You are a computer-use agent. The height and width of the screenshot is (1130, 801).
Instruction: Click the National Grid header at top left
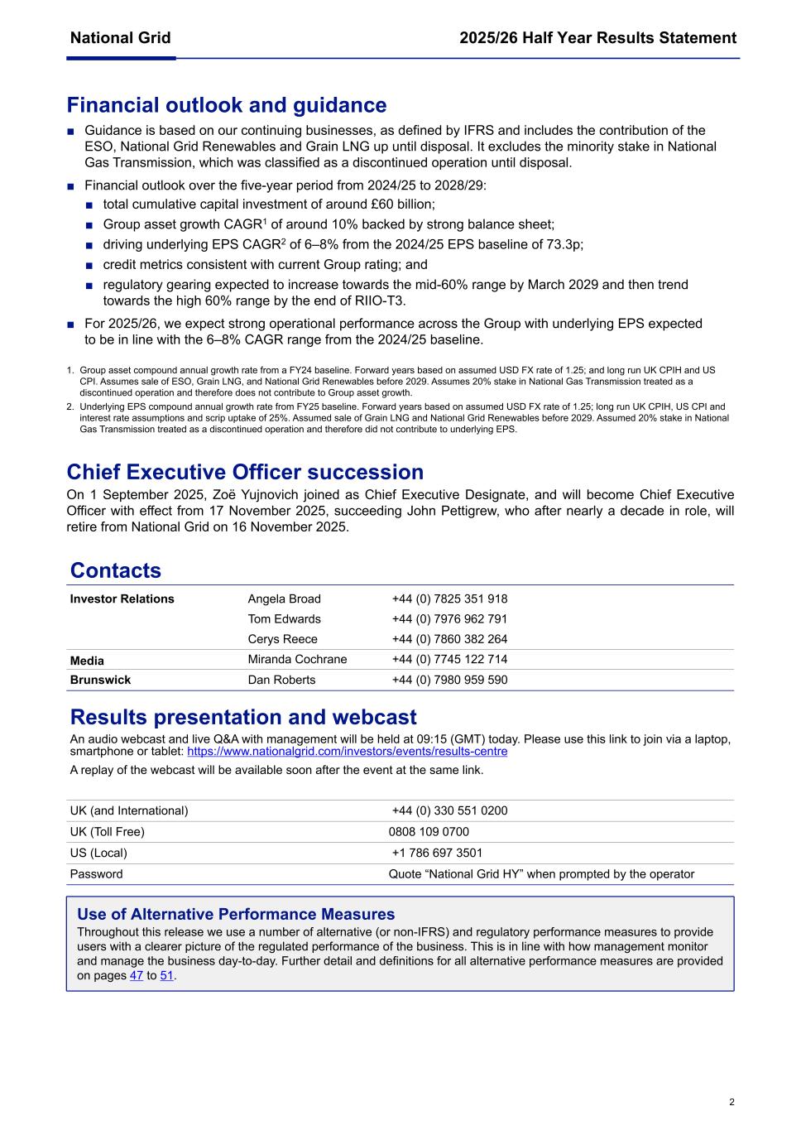pyautogui.click(x=120, y=38)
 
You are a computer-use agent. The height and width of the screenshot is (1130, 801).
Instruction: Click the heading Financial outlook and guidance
pyautogui.click(x=226, y=105)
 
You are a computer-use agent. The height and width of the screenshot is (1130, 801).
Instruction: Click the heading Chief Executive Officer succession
pyautogui.click(x=245, y=472)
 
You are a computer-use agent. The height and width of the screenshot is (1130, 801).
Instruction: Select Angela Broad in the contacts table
pyautogui.click(x=284, y=599)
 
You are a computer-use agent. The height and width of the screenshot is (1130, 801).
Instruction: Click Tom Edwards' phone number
pyautogui.click(x=449, y=619)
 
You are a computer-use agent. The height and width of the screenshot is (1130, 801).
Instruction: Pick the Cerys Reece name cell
pyautogui.click(x=282, y=639)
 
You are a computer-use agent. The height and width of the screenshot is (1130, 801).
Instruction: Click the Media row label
pyautogui.click(x=87, y=661)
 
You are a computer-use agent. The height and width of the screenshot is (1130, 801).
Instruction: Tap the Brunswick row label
pyautogui.click(x=100, y=680)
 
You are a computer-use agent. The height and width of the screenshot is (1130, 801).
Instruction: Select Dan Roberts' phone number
pyautogui.click(x=449, y=680)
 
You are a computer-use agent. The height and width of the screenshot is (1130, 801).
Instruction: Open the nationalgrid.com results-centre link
pyautogui.click(x=347, y=752)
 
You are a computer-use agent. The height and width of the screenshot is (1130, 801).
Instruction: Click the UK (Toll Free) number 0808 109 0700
pyautogui.click(x=429, y=832)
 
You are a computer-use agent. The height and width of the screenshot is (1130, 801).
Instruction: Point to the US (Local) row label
pyautogui.click(x=98, y=853)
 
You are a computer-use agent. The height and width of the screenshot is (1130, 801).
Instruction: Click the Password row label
pyautogui.click(x=96, y=874)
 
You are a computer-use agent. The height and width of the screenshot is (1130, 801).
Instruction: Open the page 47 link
pyautogui.click(x=137, y=976)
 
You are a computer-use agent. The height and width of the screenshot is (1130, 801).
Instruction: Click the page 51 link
pyautogui.click(x=166, y=976)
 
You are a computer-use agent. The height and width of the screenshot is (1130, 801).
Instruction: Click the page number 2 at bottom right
pyautogui.click(x=731, y=1102)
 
